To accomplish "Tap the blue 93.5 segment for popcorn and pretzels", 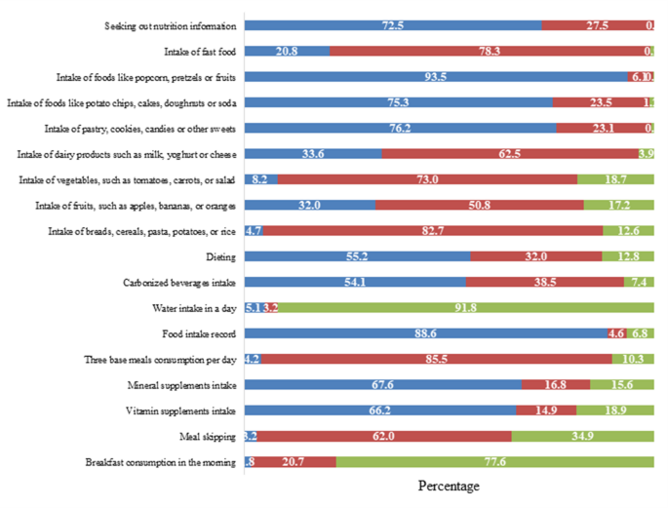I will (x=435, y=75).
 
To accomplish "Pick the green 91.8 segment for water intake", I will (x=464, y=307).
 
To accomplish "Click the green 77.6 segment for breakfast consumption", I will (x=494, y=462).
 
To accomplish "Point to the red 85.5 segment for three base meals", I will (x=436, y=359).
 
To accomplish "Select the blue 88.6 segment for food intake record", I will (x=425, y=333).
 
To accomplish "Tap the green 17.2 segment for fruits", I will (x=618, y=204).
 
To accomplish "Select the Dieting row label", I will (x=219, y=256).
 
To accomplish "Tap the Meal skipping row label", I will (x=208, y=437).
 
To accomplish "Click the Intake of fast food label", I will (x=201, y=50).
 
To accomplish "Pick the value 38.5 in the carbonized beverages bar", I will (x=544, y=282).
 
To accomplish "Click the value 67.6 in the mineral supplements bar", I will (x=382, y=385).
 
